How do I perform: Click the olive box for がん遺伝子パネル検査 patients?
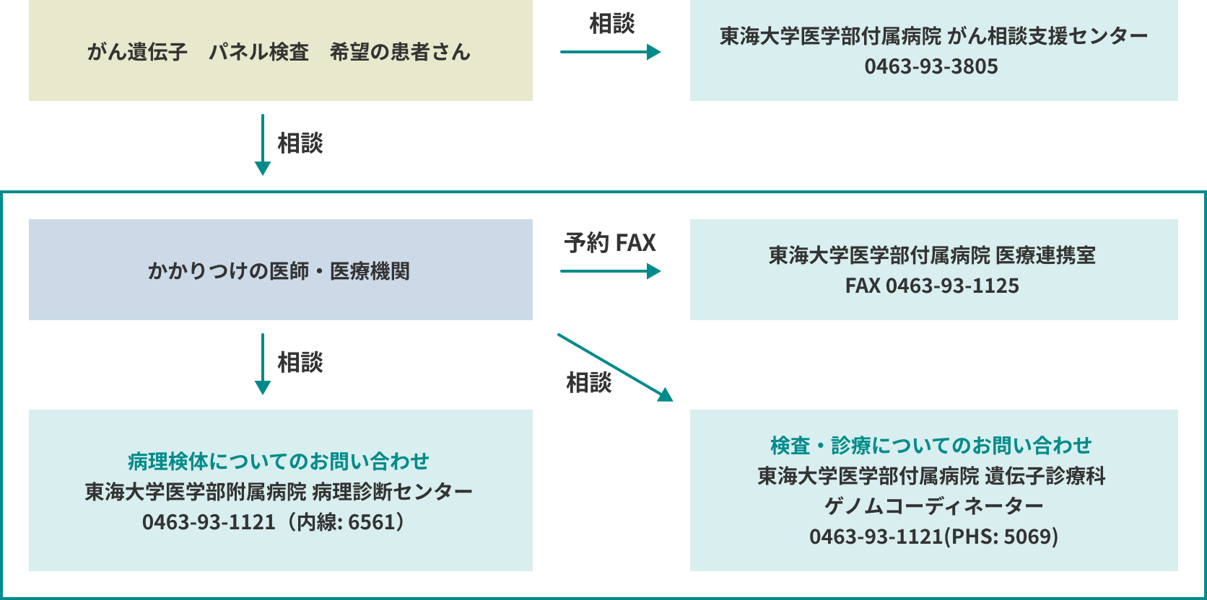pos(280,50)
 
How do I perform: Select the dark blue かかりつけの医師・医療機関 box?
pos(280,270)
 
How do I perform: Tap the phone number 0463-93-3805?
pos(931,66)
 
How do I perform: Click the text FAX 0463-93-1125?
pos(932,286)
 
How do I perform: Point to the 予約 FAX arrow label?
pos(610,242)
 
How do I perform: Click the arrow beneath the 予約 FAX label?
pos(610,271)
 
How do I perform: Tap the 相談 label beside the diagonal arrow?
pos(588,382)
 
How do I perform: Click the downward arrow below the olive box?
pos(263,144)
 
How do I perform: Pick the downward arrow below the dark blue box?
pos(263,363)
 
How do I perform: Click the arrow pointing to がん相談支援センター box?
pos(610,52)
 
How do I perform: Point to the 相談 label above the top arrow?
pos(611,23)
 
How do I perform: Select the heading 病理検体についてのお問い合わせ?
pos(278,461)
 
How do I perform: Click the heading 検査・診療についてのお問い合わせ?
pos(931,446)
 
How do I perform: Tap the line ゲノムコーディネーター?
pos(933,506)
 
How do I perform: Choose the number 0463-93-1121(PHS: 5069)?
pos(933,537)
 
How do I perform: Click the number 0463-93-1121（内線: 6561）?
pos(278,522)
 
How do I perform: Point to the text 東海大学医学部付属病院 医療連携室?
pos(932,255)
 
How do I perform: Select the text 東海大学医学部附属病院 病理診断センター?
pos(278,492)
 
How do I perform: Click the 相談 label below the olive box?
pos(300,143)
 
